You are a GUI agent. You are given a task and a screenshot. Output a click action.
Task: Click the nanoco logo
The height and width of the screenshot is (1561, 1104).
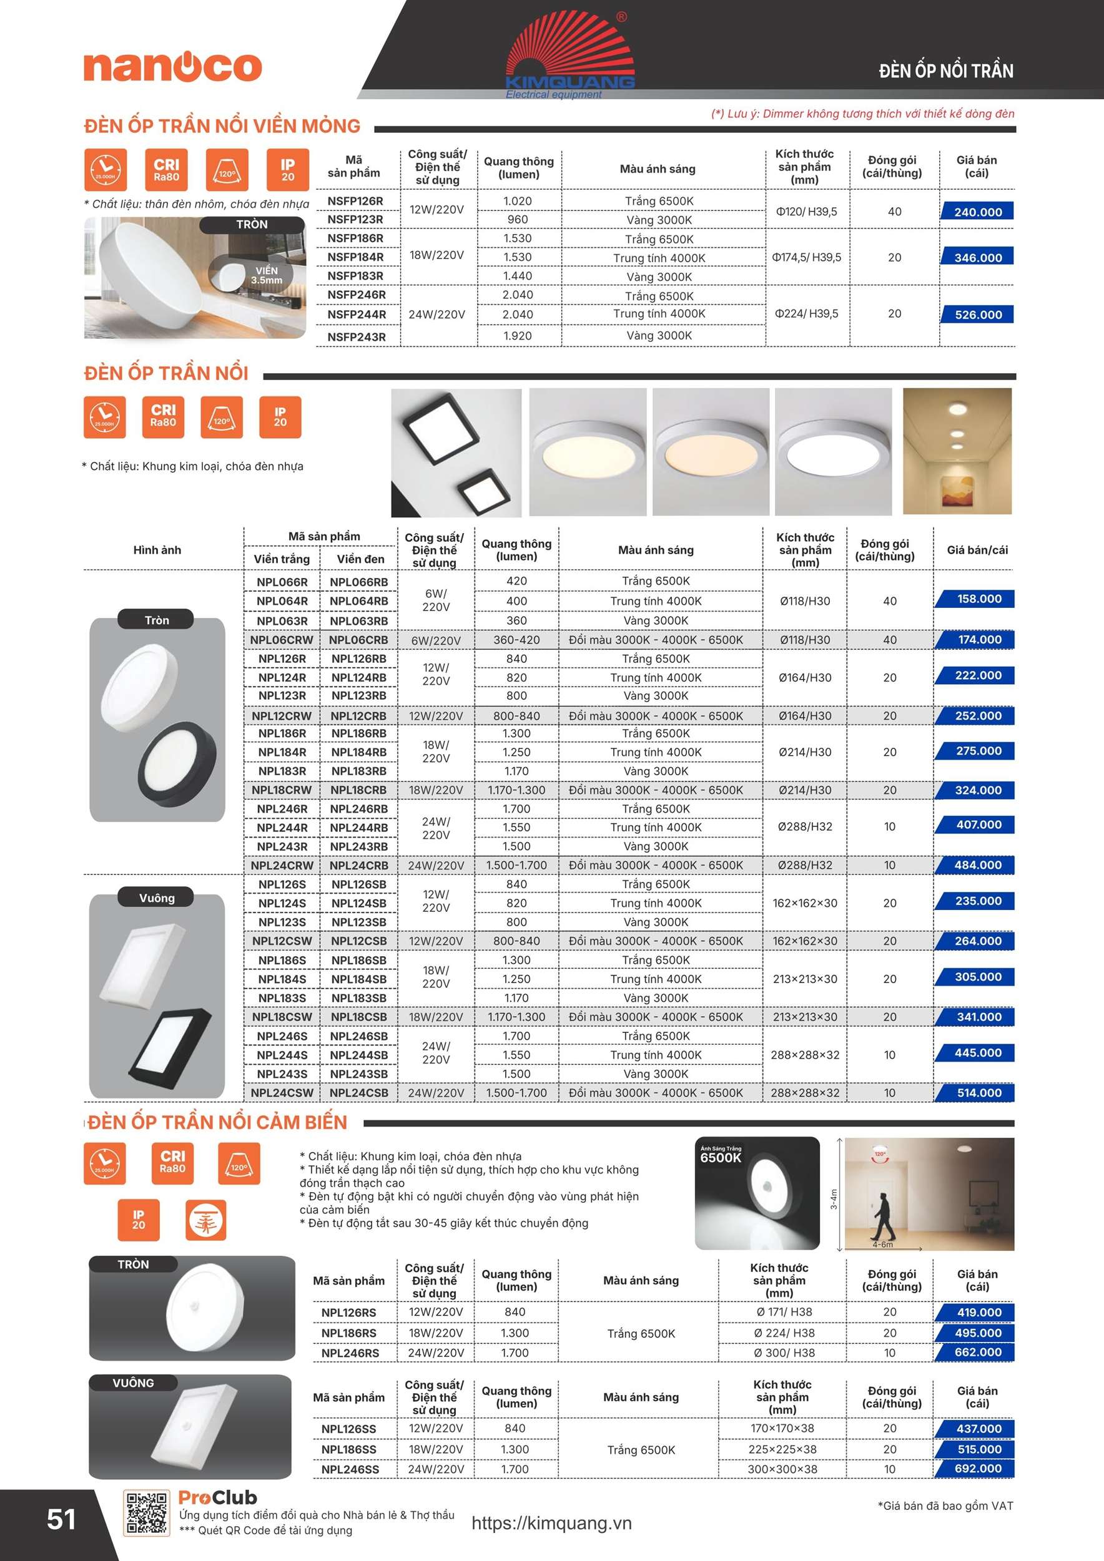[173, 66]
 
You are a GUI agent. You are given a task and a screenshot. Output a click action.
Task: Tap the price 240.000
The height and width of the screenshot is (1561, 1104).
[977, 212]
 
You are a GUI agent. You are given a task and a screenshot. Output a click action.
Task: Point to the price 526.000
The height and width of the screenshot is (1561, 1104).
[977, 315]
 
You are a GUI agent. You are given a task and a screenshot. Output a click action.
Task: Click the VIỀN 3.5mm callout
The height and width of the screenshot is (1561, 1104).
[266, 275]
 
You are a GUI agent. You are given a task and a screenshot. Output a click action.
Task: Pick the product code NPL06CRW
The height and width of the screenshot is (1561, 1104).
[282, 640]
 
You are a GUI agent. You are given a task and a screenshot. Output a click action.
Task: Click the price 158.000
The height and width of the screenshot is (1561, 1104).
[979, 599]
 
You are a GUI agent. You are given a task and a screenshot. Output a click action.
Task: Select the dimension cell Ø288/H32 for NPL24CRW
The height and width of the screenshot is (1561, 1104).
[805, 865]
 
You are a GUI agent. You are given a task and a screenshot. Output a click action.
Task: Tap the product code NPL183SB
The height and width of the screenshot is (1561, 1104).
[358, 998]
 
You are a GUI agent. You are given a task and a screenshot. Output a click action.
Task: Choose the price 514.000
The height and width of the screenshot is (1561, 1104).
[979, 1092]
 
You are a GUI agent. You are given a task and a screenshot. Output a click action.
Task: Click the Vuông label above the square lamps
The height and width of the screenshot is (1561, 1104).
[157, 898]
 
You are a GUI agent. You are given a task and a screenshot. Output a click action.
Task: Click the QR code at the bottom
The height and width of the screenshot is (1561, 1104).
[146, 1513]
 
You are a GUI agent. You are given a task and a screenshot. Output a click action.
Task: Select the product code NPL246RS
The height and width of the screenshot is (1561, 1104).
[350, 1353]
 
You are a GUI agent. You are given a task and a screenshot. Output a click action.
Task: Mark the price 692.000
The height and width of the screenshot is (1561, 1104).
[977, 1469]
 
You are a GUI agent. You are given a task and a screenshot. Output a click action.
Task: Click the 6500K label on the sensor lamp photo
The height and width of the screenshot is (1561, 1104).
[721, 1158]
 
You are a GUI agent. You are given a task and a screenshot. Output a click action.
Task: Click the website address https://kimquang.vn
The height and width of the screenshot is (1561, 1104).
[551, 1523]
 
